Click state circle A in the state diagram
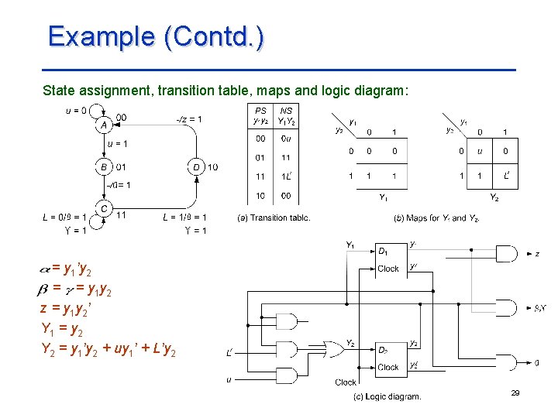tap(103, 125)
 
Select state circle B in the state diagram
tap(103, 166)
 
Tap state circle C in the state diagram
tap(103, 209)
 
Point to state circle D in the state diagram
tap(197, 166)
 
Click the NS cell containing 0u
tap(286, 139)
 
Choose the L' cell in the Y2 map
tap(506, 176)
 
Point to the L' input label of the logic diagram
tap(230, 354)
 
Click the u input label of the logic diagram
tap(229, 379)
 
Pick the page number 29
tap(515, 394)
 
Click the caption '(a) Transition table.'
tap(274, 218)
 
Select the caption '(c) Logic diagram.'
tap(387, 397)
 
